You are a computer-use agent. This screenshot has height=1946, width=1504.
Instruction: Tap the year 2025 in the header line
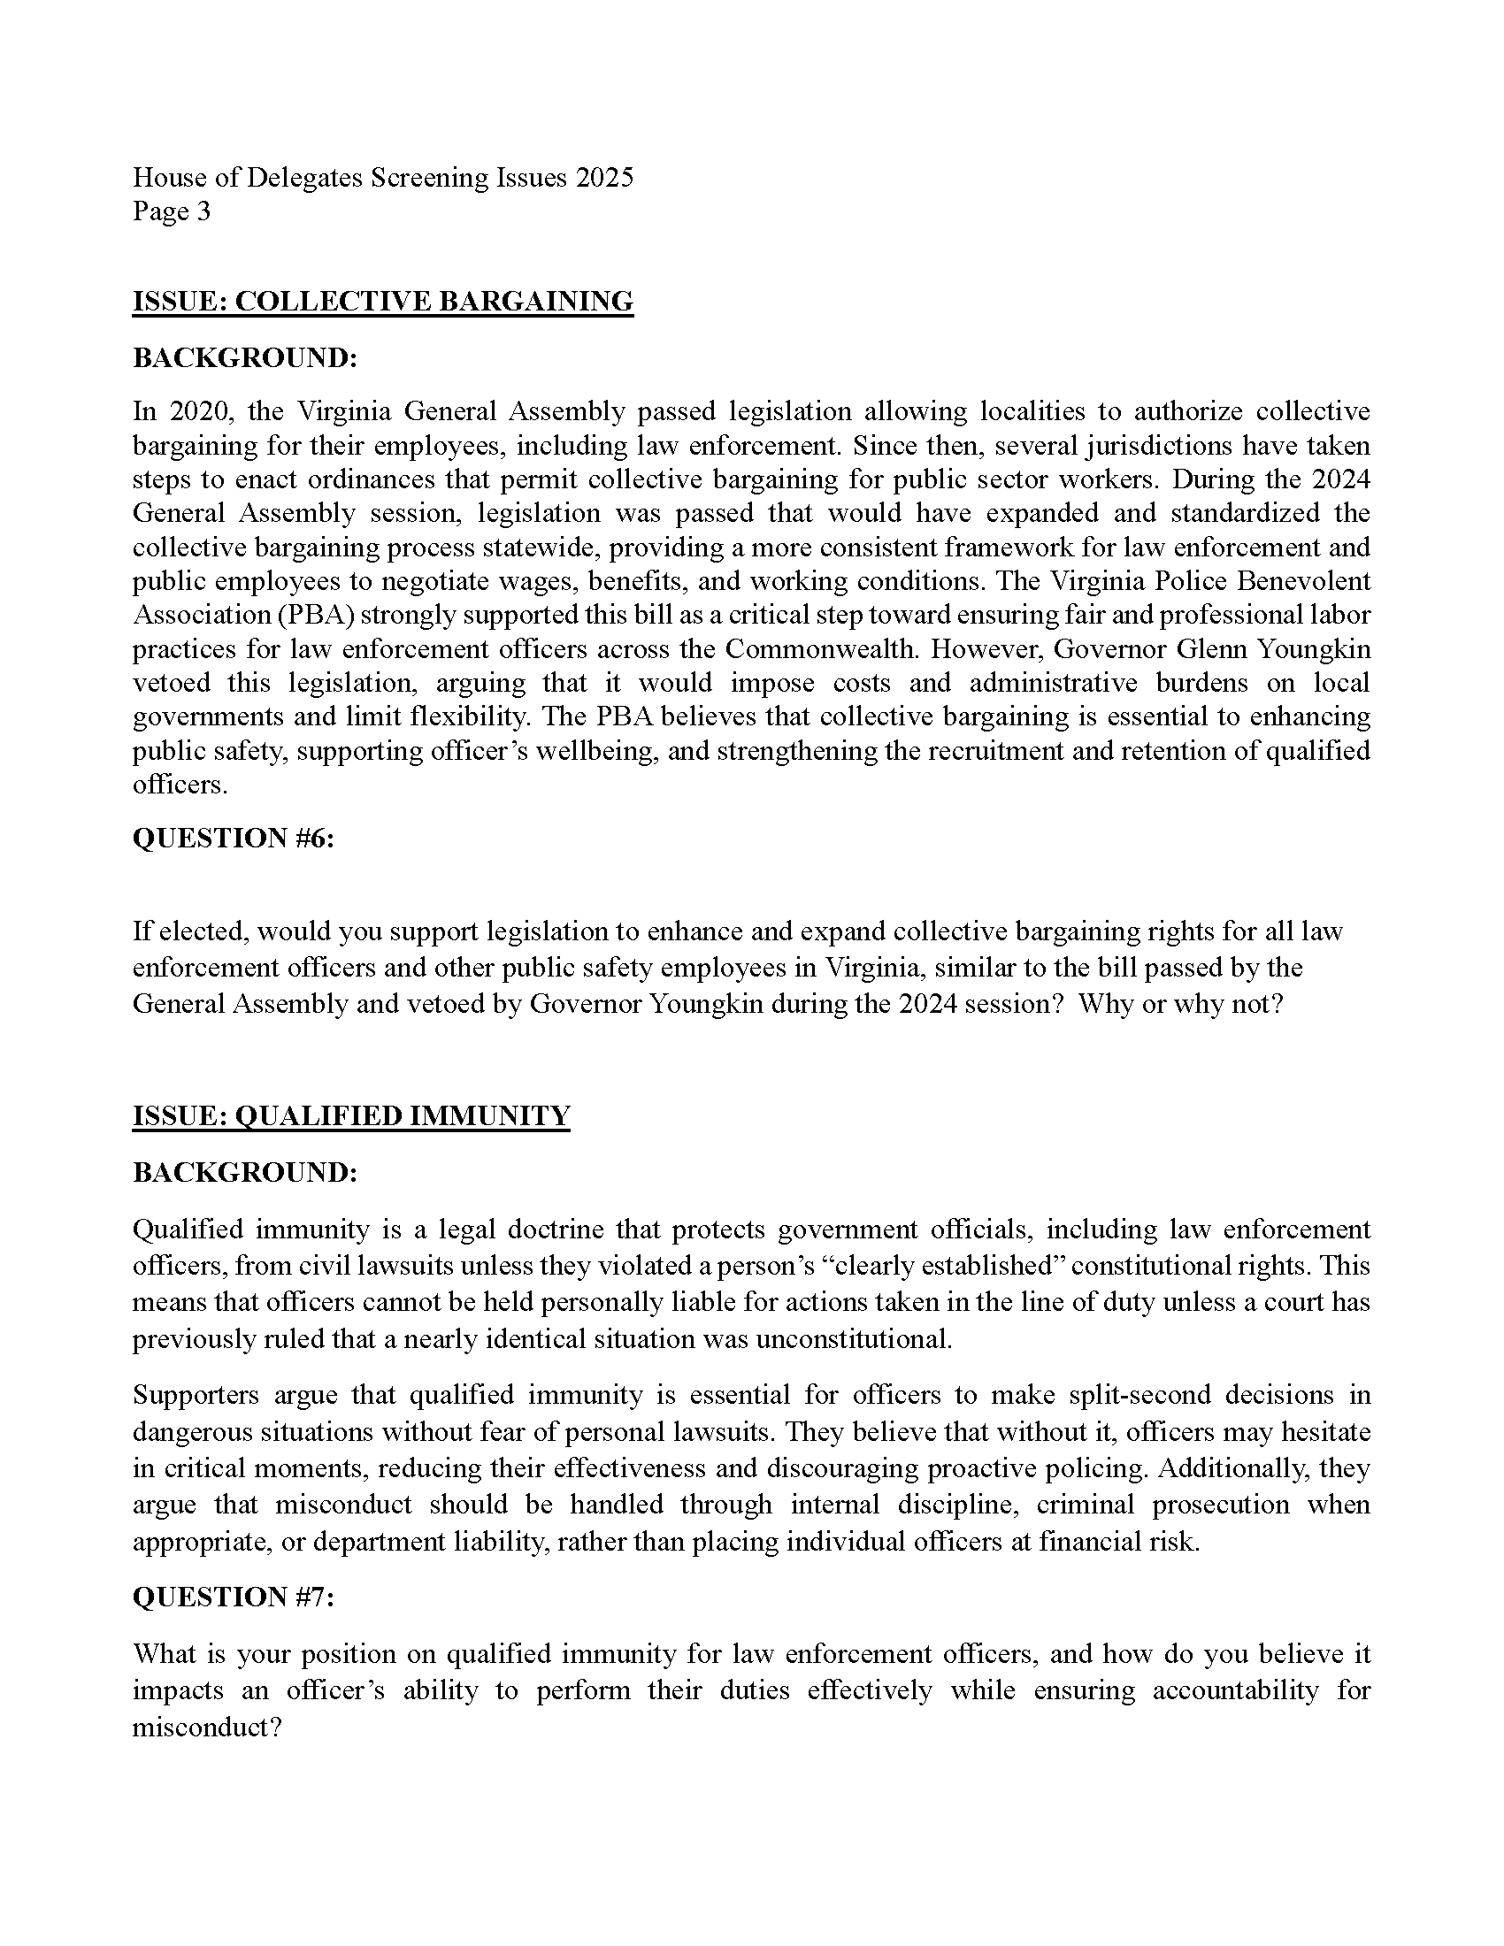click(x=604, y=177)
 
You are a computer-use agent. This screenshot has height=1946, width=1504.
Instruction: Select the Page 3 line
click(x=172, y=211)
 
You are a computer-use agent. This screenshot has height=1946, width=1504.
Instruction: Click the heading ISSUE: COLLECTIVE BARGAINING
click(x=383, y=301)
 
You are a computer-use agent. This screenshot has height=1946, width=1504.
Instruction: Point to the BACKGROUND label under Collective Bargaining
click(x=245, y=358)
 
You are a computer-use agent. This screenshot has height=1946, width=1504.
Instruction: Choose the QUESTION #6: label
click(x=234, y=839)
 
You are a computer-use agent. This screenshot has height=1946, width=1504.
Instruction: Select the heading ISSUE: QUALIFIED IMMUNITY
click(x=351, y=1115)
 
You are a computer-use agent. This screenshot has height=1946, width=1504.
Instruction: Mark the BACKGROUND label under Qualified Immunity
click(x=245, y=1173)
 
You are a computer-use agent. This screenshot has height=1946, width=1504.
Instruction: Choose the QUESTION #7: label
click(x=234, y=1597)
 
